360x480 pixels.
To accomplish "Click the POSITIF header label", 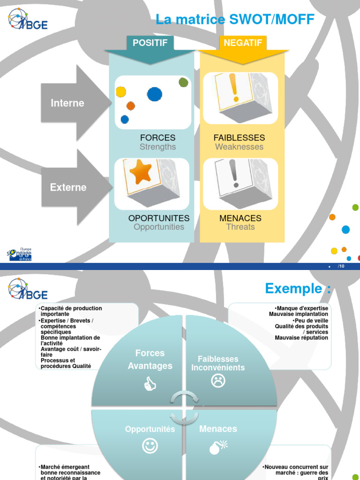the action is point(150,43).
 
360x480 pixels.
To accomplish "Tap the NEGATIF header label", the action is point(243,43).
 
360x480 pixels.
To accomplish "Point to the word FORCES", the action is point(157,138).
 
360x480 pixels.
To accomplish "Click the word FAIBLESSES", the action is point(239,138).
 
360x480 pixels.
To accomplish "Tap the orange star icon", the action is point(141,172).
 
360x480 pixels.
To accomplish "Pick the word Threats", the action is point(240,227).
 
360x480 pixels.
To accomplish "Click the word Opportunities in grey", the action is point(159,227).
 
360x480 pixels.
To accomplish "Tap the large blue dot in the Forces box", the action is point(155,94).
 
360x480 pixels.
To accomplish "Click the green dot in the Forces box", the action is point(183,82).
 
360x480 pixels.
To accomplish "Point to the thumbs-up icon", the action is point(150,385).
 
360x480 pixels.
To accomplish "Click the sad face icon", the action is point(218,381).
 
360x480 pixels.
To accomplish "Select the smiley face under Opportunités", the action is point(150,446).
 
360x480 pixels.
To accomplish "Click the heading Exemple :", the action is point(298,288).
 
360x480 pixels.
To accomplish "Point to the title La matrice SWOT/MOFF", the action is point(235,20).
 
